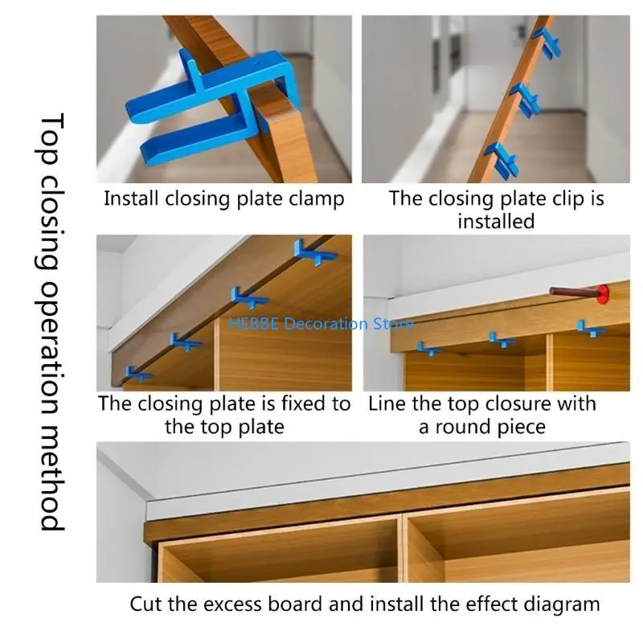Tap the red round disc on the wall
[x=600, y=293]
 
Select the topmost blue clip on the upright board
[x=547, y=41]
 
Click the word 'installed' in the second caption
[x=496, y=221]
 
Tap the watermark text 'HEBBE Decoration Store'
[x=321, y=324]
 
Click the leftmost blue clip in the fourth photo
[x=428, y=349]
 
